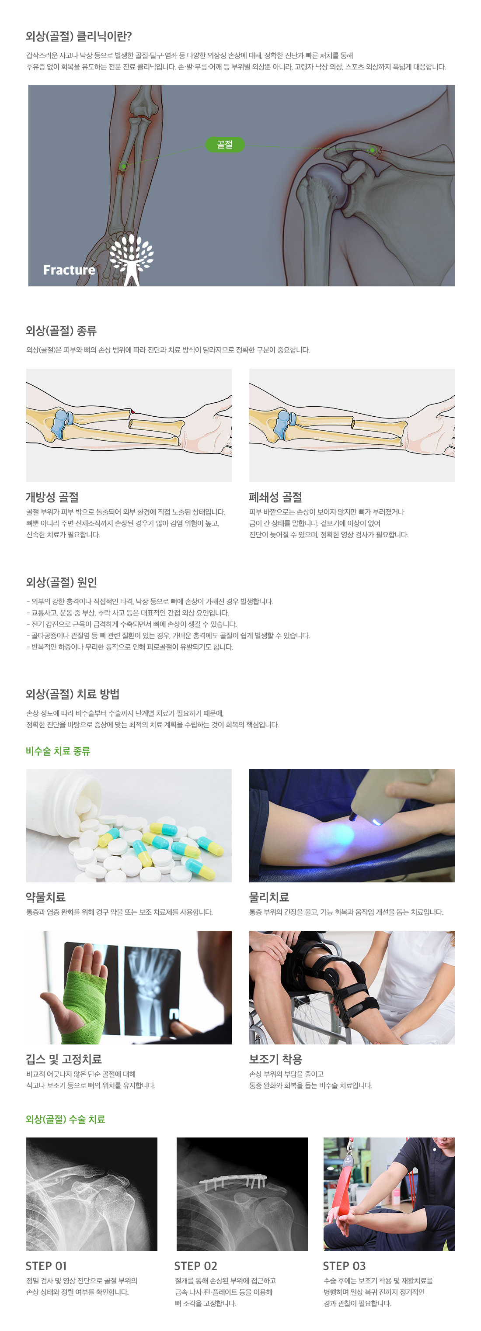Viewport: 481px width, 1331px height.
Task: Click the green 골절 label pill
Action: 224,145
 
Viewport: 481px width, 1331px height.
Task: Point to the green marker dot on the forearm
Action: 123,166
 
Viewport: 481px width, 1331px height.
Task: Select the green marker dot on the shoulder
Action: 372,150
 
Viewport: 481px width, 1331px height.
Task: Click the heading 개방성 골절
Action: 52,497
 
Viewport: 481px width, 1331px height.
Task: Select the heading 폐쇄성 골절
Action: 275,497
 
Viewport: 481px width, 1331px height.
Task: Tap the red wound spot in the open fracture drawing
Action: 132,411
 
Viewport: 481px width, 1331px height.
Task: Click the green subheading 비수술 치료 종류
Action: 58,751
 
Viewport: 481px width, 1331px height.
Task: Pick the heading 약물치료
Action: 45,897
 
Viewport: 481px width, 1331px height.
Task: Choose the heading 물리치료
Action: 269,897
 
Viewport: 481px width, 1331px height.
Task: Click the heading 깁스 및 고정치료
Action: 63,1059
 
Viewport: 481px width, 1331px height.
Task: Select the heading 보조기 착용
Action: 275,1059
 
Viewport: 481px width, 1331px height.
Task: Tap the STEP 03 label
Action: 344,1266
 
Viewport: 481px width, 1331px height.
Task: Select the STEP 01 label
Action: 46,1266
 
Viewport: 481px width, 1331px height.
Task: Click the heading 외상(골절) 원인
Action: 62,582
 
